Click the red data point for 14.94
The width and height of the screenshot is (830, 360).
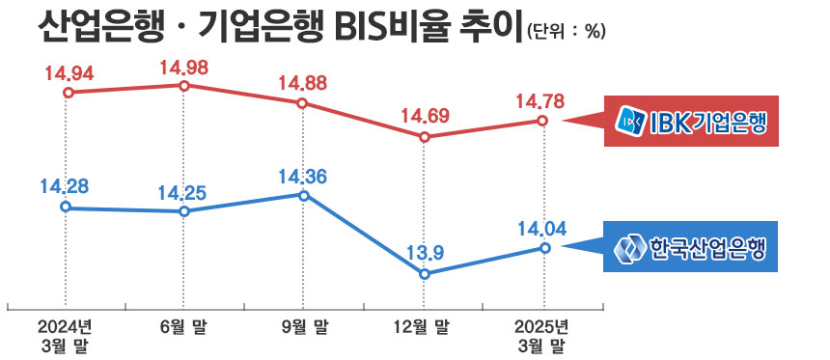(x=67, y=93)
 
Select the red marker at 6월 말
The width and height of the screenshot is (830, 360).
(x=183, y=85)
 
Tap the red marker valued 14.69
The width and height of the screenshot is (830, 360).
(x=424, y=137)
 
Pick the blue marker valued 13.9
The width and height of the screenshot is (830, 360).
(x=424, y=274)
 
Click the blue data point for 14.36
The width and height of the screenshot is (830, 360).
(x=304, y=195)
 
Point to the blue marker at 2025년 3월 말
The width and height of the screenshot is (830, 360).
(x=543, y=248)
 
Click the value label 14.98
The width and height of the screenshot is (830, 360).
(x=184, y=67)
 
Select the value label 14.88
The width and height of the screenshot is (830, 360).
(x=303, y=83)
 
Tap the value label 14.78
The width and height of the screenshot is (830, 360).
(x=540, y=100)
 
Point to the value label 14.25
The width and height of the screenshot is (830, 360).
(x=182, y=190)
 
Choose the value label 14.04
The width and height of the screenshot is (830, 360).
(x=541, y=229)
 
